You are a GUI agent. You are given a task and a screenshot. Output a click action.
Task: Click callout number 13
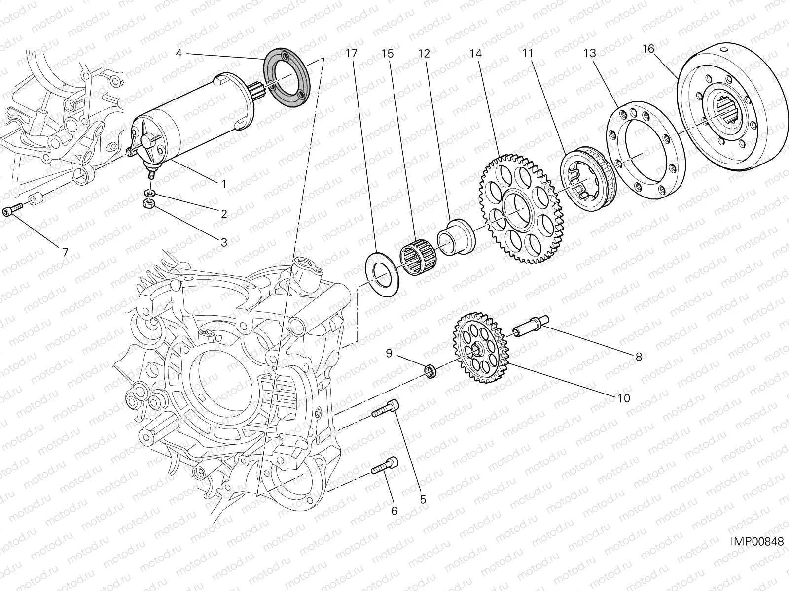point(590,53)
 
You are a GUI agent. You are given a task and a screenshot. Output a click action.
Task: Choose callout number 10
point(623,398)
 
